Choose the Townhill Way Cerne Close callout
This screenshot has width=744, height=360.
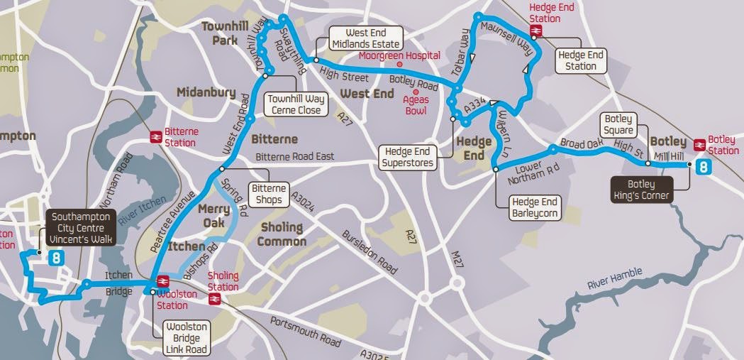click(x=294, y=104)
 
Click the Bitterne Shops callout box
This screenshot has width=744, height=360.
click(x=267, y=194)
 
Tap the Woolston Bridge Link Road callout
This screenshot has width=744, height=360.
click(x=185, y=338)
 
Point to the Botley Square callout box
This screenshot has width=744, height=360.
click(x=618, y=125)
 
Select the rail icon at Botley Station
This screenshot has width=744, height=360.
click(x=699, y=145)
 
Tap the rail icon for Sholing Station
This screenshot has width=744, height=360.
click(x=215, y=299)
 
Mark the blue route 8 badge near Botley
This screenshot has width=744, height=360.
click(x=703, y=168)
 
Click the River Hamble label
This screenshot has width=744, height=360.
click(x=614, y=278)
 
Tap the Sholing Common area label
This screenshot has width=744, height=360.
click(x=281, y=234)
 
